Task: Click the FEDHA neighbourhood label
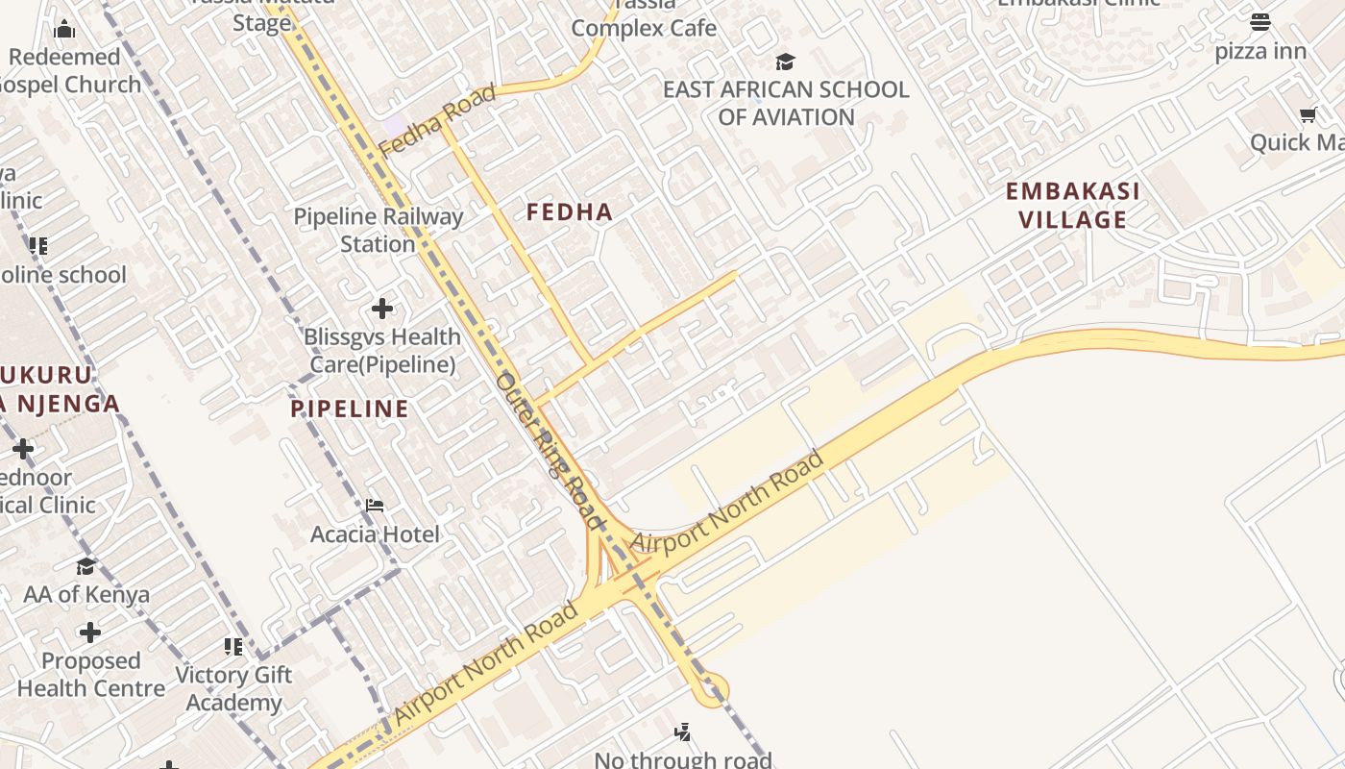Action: (x=570, y=212)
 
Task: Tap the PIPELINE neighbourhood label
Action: (x=350, y=409)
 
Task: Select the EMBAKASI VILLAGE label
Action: (x=1072, y=205)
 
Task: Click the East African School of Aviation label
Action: (x=786, y=103)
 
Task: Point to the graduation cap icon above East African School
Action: (x=785, y=62)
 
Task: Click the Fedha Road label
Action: (x=438, y=120)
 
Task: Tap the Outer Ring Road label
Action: (x=550, y=452)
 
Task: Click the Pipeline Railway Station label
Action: (x=379, y=230)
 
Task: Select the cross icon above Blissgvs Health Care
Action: (x=382, y=309)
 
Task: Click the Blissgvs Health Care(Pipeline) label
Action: (x=382, y=351)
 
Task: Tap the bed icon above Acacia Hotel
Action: (x=375, y=505)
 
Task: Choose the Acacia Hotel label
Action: (x=375, y=534)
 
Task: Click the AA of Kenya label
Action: (x=86, y=594)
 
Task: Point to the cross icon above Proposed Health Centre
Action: (x=90, y=633)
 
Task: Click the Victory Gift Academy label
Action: (x=233, y=688)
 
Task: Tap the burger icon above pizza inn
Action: (x=1260, y=21)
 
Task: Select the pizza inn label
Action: (x=1260, y=51)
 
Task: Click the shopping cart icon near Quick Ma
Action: (x=1308, y=115)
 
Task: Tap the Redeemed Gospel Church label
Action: (x=67, y=70)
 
